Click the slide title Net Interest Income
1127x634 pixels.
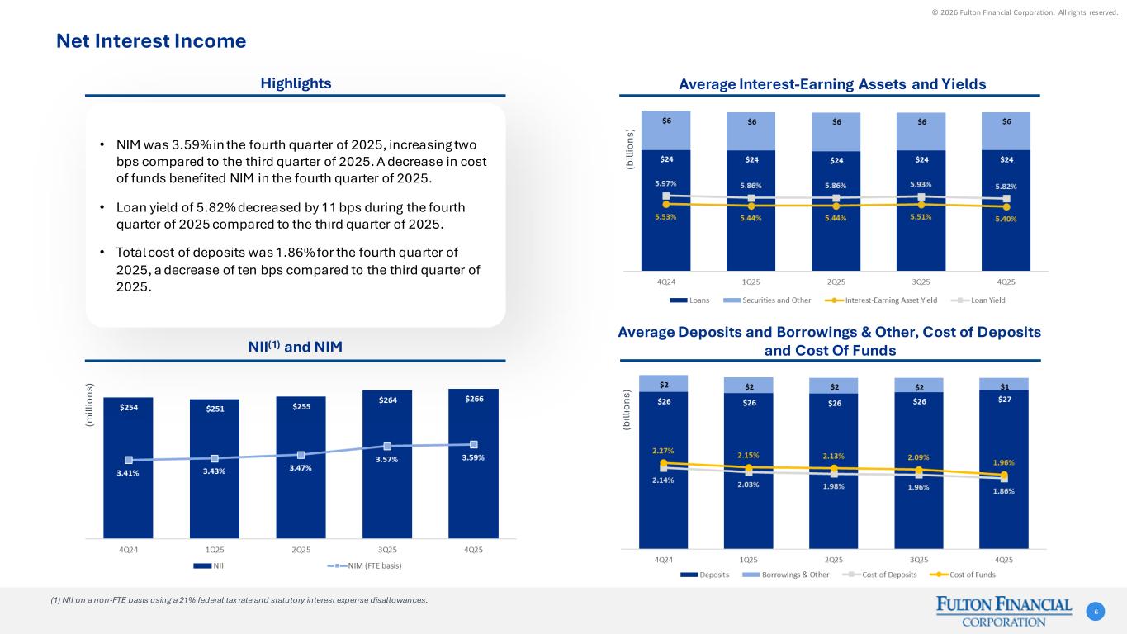click(x=150, y=40)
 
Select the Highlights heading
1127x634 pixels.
click(x=296, y=83)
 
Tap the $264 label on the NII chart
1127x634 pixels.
click(x=386, y=400)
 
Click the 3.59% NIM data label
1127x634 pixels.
click(x=473, y=457)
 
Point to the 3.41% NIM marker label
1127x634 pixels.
click(x=129, y=473)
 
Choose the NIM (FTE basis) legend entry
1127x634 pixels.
click(x=365, y=565)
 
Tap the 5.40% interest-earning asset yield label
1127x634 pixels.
click(x=1005, y=219)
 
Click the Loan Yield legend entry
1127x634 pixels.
click(x=987, y=300)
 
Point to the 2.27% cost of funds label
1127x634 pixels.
click(x=663, y=451)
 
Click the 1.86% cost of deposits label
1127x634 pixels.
click(x=1005, y=491)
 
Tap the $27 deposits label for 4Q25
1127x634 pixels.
click(x=1004, y=402)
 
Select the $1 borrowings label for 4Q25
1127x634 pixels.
click(x=1004, y=386)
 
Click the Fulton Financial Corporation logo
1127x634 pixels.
click(x=1003, y=612)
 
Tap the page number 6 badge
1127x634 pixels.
click(x=1096, y=612)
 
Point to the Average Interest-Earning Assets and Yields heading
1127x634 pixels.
click(x=832, y=84)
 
